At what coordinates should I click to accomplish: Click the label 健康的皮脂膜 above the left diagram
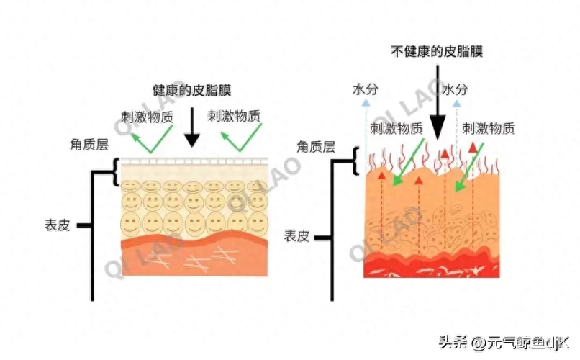click(x=191, y=91)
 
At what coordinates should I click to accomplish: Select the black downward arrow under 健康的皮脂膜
click(x=191, y=130)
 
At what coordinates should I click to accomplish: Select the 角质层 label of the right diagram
click(x=317, y=147)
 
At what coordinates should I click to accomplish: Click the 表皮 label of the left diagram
click(x=57, y=225)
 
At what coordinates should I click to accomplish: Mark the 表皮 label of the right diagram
click(x=296, y=235)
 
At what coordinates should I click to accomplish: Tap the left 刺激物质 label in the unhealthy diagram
click(x=396, y=129)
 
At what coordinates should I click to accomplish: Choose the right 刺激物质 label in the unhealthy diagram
click(x=489, y=129)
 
